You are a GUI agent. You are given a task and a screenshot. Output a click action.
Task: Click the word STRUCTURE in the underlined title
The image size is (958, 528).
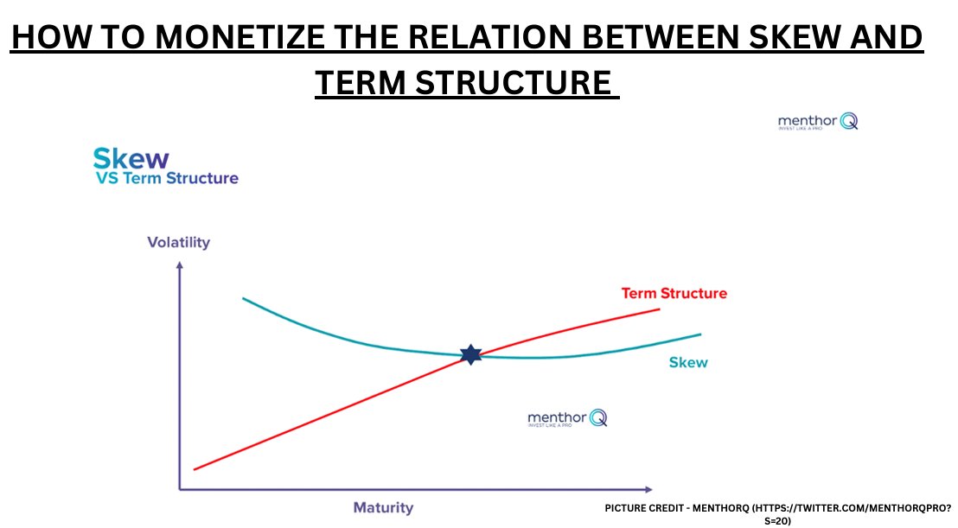coord(518,84)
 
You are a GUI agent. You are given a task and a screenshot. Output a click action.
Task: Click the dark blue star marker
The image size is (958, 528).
coord(470,354)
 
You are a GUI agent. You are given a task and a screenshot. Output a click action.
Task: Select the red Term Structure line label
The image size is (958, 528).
coord(674,293)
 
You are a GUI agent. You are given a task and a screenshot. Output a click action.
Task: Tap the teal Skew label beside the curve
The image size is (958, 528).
coord(688,362)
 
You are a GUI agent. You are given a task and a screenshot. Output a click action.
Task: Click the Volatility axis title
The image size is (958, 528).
coord(178,242)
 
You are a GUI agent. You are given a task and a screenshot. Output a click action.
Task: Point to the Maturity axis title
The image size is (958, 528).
coord(383,507)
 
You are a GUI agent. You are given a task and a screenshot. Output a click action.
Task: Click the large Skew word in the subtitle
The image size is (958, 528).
coord(131,159)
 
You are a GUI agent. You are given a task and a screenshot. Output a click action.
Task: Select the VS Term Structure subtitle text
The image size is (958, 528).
coord(166,179)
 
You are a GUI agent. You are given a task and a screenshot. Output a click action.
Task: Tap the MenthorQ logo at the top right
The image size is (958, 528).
coord(818,122)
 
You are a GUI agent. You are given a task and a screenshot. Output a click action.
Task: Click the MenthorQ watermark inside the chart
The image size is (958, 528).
coord(567,418)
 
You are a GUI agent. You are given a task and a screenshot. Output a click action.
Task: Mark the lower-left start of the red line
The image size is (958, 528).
coord(195,469)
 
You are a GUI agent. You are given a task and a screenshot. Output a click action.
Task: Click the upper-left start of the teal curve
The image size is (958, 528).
coord(244,299)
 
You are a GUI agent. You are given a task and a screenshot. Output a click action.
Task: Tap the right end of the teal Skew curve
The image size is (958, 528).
coord(699,334)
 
